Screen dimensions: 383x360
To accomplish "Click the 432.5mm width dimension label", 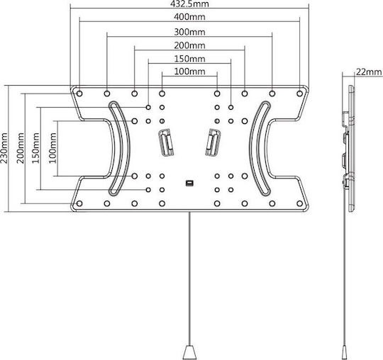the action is click(x=189, y=4).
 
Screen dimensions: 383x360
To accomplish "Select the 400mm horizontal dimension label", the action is click(x=189, y=17).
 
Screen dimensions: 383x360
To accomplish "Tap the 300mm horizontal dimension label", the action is click(x=189, y=32).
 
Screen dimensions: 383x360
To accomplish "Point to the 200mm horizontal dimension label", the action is click(x=189, y=45).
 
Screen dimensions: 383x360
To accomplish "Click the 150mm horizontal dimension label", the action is click(x=189, y=59).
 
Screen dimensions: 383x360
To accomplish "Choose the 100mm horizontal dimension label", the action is click(x=189, y=72).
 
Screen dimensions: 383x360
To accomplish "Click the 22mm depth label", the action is click(x=369, y=72).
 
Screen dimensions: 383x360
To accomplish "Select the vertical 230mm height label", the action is click(x=4, y=148).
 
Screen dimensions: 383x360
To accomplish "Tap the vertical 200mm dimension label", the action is click(x=21, y=148).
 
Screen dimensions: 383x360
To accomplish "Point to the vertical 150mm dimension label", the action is click(x=35, y=148).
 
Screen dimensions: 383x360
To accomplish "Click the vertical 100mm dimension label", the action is click(x=52, y=148).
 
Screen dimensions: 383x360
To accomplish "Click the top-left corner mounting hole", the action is click(x=79, y=94).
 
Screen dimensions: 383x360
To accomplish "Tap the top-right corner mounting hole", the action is click(x=299, y=94).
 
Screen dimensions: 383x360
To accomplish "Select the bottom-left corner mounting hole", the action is click(x=79, y=203).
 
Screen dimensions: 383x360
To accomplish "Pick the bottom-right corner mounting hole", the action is click(x=299, y=203).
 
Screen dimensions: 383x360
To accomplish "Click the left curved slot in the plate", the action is click(x=125, y=148).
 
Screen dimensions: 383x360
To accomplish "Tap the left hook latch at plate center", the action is click(x=167, y=142).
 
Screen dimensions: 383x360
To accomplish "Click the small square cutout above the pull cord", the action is click(x=189, y=183).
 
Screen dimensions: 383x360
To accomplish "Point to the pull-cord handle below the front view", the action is click(x=189, y=352).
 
